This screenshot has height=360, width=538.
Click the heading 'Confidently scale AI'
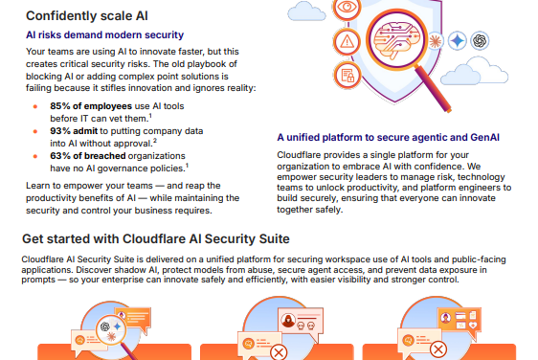(86, 14)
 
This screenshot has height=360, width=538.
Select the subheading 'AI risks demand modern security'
(98, 34)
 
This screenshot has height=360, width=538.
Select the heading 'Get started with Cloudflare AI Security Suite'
(155, 237)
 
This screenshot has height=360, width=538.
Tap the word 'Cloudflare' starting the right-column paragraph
(299, 154)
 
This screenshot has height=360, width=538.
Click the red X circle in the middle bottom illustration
(280, 352)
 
